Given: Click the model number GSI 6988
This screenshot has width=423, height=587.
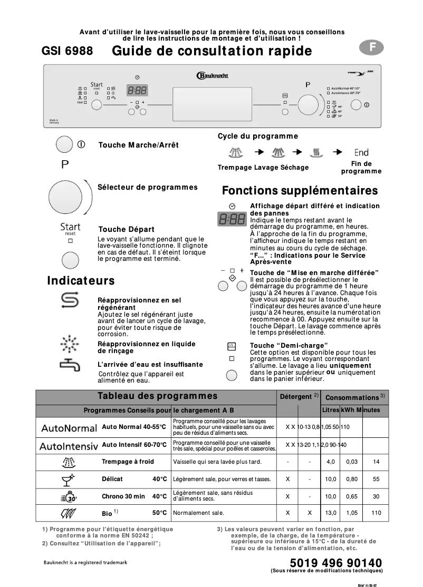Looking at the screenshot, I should [x=67, y=51].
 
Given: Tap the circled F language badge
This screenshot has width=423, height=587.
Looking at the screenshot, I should [x=371, y=47].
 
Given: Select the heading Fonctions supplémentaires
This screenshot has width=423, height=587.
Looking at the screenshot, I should [x=300, y=190].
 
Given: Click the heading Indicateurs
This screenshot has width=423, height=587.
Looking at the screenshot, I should [x=81, y=281].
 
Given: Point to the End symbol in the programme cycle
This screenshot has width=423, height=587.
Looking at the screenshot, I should [x=361, y=152].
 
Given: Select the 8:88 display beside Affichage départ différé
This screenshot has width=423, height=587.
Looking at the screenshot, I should [x=231, y=219].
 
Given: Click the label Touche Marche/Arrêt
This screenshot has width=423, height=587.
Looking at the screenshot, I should [x=139, y=145].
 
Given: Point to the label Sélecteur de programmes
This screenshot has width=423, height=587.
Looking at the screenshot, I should [x=148, y=187].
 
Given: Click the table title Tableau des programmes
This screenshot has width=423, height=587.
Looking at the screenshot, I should [x=157, y=396].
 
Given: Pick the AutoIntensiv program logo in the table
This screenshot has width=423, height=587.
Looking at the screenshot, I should [x=69, y=446].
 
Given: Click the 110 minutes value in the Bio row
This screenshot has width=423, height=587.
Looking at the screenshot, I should [x=376, y=513].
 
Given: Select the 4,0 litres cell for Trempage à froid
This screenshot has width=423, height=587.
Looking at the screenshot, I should [x=331, y=462].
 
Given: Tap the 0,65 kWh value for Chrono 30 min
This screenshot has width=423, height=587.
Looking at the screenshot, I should [x=352, y=496].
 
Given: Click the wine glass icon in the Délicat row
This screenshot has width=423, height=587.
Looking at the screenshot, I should [x=69, y=479].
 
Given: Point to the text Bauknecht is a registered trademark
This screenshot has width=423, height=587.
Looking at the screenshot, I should [x=85, y=563].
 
